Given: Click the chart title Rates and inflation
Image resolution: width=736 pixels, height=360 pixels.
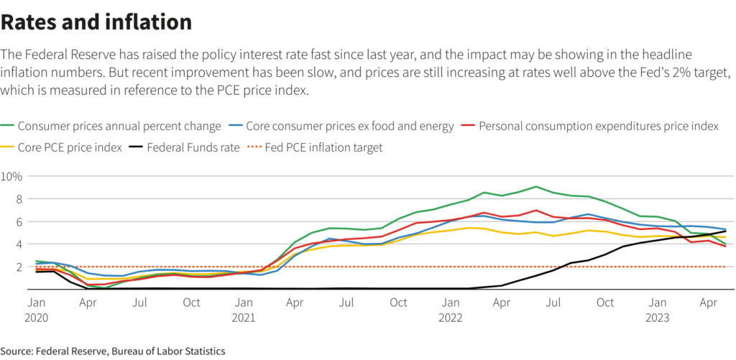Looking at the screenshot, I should click(96, 22).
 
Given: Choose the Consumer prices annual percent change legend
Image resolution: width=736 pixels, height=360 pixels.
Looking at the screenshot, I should click(119, 126).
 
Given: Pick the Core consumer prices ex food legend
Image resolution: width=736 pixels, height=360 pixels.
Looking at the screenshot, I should click(350, 126).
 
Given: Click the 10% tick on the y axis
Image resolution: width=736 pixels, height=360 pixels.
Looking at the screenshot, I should click(12, 176).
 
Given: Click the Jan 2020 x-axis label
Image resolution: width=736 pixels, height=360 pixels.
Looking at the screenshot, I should click(36, 310).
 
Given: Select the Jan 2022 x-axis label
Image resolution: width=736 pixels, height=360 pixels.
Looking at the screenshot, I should click(450, 310).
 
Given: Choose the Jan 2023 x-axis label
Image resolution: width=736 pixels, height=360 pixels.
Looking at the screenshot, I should click(657, 310).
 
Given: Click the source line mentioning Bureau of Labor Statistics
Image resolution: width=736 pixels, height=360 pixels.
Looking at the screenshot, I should click(113, 351).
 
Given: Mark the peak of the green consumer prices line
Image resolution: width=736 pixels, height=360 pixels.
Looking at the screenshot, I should click(535, 187).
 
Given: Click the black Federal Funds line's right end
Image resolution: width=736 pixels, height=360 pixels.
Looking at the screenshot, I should click(725, 231).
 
